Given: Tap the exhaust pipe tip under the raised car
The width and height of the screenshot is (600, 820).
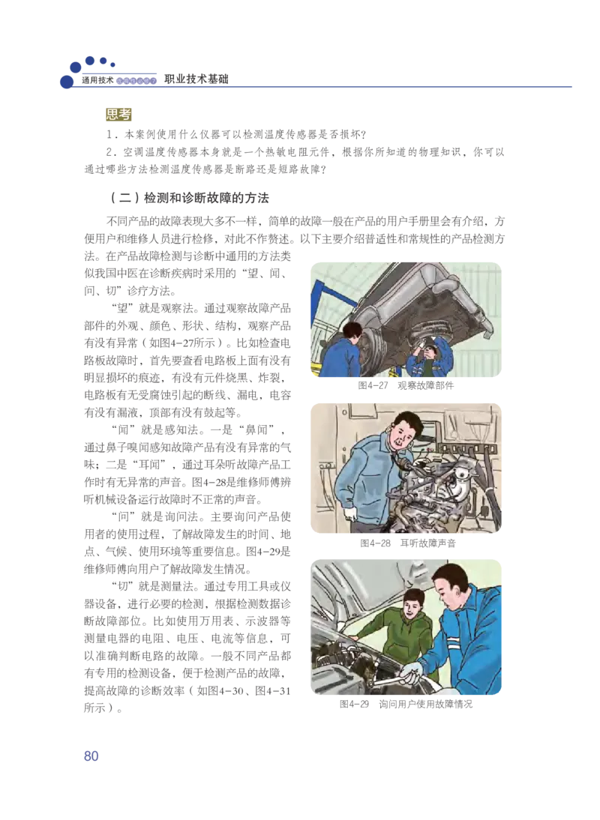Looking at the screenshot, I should tap(480, 325).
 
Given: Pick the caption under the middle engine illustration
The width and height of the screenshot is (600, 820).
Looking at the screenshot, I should tap(407, 543).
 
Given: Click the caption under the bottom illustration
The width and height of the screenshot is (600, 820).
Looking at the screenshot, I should tap(405, 705).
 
